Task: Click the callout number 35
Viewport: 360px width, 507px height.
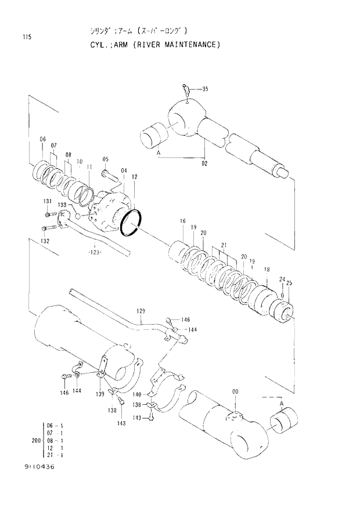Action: pos(204,89)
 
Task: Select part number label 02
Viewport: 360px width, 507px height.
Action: pos(204,164)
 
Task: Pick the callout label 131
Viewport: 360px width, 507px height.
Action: pos(47,201)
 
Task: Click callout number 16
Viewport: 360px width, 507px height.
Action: pos(182,221)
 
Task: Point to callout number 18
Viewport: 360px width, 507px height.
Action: pos(267,269)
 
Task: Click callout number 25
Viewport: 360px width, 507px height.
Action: pos(289,283)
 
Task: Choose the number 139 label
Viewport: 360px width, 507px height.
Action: pos(99,394)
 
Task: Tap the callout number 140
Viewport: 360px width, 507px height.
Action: pos(137,394)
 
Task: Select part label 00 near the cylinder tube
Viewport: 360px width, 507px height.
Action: pos(235,392)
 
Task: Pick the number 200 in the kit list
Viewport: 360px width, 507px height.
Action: pos(35,440)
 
